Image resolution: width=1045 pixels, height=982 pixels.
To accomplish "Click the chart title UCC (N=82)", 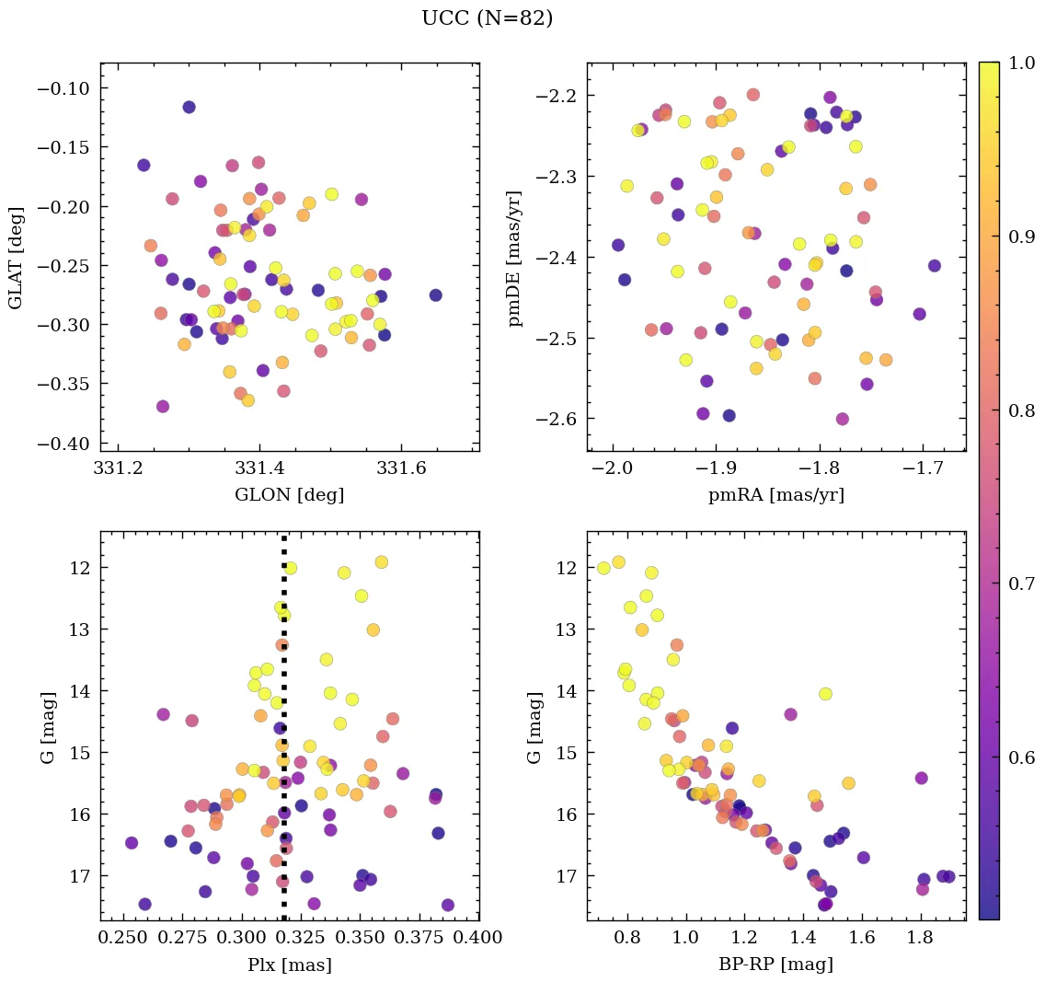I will [x=487, y=18].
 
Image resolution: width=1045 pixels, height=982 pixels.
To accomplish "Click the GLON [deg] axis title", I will [x=289, y=495].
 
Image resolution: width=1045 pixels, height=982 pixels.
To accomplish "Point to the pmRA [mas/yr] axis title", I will [x=775, y=495].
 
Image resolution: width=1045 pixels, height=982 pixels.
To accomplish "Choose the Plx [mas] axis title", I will [x=289, y=965].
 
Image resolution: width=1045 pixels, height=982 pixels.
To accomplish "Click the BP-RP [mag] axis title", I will [x=775, y=965].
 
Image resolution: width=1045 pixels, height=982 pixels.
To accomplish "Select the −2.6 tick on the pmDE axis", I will [x=556, y=420].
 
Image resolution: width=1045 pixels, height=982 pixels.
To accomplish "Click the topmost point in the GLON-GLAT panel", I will [x=189, y=107].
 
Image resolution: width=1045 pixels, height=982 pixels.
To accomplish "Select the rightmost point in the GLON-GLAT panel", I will [x=435, y=295].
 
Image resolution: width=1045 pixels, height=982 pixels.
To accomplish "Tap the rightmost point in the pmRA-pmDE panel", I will [x=935, y=266].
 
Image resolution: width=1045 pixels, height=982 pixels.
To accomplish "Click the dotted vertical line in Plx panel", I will [x=283, y=736].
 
